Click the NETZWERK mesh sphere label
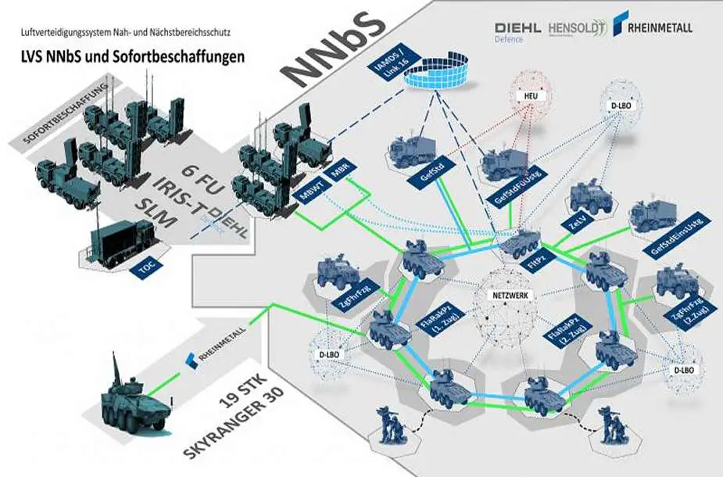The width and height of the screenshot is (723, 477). [509, 297]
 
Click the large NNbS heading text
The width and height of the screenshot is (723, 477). [335, 48]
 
